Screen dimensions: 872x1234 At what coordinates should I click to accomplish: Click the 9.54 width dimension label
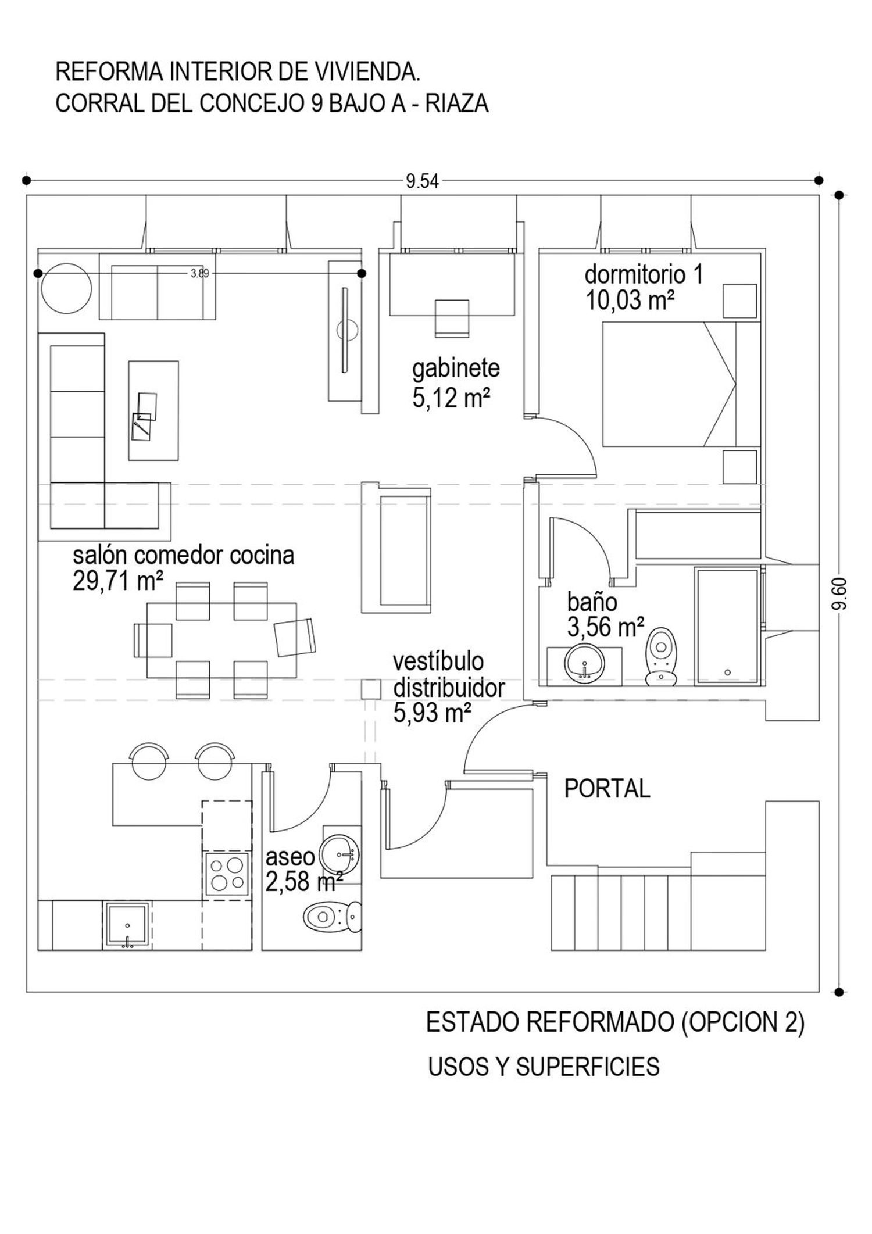point(422,182)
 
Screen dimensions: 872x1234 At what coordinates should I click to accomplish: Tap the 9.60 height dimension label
point(839,594)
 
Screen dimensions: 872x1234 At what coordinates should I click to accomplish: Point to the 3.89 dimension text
point(199,273)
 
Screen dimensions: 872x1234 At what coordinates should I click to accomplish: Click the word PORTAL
point(607,789)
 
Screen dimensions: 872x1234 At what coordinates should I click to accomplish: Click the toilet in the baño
point(662,656)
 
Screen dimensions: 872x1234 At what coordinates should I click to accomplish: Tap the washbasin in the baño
point(584,662)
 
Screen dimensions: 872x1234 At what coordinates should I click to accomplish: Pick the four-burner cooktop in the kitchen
point(227,874)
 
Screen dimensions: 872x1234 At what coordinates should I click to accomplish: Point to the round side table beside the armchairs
point(66,288)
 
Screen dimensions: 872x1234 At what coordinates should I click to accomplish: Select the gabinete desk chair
point(452,318)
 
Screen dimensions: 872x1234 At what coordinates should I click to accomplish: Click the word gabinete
point(456,369)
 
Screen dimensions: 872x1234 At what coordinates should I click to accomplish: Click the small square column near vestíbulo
point(371,689)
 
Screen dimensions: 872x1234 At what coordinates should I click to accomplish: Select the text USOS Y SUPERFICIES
point(544,1067)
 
